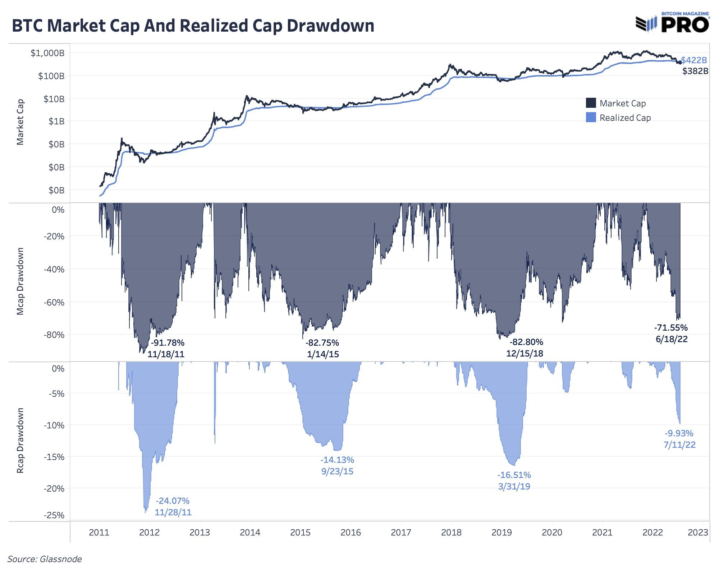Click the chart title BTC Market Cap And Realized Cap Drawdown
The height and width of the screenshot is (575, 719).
click(x=193, y=26)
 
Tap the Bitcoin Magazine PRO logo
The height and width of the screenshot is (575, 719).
click(x=672, y=23)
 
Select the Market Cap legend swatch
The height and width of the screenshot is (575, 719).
click(x=591, y=103)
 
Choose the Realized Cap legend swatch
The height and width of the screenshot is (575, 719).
click(x=591, y=118)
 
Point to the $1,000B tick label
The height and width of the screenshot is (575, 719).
click(x=47, y=53)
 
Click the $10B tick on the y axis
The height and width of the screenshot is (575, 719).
click(x=54, y=99)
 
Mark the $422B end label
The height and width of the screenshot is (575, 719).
click(x=694, y=60)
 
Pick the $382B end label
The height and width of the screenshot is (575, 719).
click(x=695, y=71)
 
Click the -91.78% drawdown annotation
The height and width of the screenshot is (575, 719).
click(x=168, y=342)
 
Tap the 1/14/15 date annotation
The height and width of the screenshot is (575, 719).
click(x=323, y=354)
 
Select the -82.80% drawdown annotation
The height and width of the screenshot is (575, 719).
click(x=526, y=342)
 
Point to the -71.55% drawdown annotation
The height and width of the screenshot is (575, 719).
click(x=671, y=327)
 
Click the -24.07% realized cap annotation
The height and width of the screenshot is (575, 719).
click(x=173, y=501)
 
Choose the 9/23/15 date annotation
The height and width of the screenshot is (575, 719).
click(x=337, y=471)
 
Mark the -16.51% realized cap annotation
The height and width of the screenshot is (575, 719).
click(x=514, y=475)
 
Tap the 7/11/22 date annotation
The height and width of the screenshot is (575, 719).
click(x=679, y=445)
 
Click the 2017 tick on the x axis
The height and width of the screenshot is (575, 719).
click(x=401, y=532)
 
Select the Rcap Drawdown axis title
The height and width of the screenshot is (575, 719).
click(x=20, y=440)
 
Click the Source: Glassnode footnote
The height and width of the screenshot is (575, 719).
click(x=45, y=559)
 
